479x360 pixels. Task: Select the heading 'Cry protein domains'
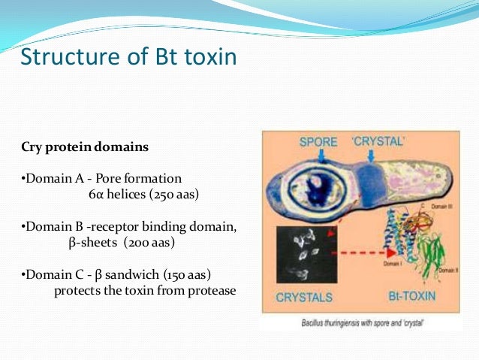point(84,147)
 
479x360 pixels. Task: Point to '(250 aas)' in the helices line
point(180,194)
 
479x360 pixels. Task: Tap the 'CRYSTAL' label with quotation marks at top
point(380,141)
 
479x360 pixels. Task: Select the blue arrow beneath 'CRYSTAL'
point(373,156)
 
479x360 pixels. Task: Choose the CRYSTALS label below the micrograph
point(304,297)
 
